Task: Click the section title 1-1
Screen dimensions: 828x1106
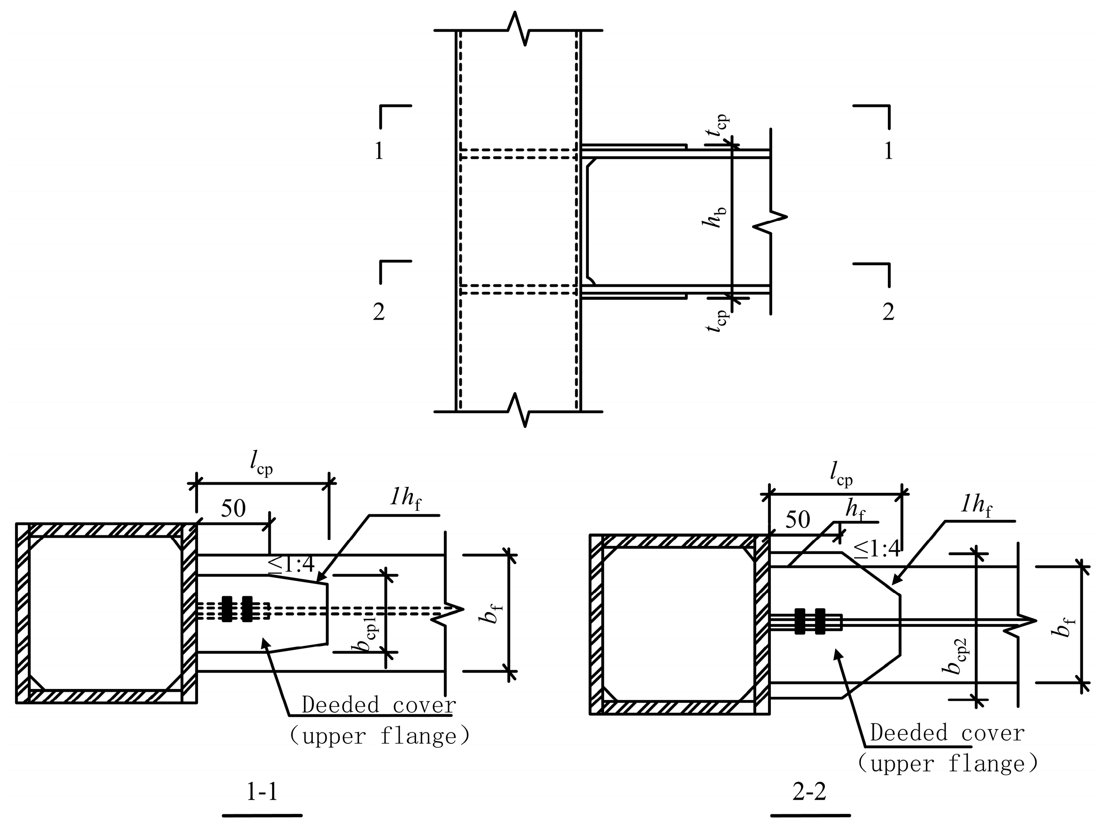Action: [x=262, y=792]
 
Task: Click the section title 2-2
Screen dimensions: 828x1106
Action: [x=810, y=792]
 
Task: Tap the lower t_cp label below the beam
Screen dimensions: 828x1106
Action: [x=716, y=321]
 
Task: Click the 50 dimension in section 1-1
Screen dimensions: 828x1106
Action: [x=234, y=508]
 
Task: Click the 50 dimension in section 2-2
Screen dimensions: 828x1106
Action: [x=797, y=520]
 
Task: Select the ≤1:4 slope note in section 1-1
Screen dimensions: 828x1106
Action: [x=292, y=565]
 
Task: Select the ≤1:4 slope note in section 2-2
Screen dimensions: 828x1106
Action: [x=876, y=550]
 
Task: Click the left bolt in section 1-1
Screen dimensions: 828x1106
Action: [x=228, y=609]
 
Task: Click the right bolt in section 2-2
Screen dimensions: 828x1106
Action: [x=820, y=621]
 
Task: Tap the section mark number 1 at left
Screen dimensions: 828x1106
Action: [x=379, y=150]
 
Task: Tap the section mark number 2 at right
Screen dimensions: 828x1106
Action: [x=888, y=311]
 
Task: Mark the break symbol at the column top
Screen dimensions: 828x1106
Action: [x=518, y=29]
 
